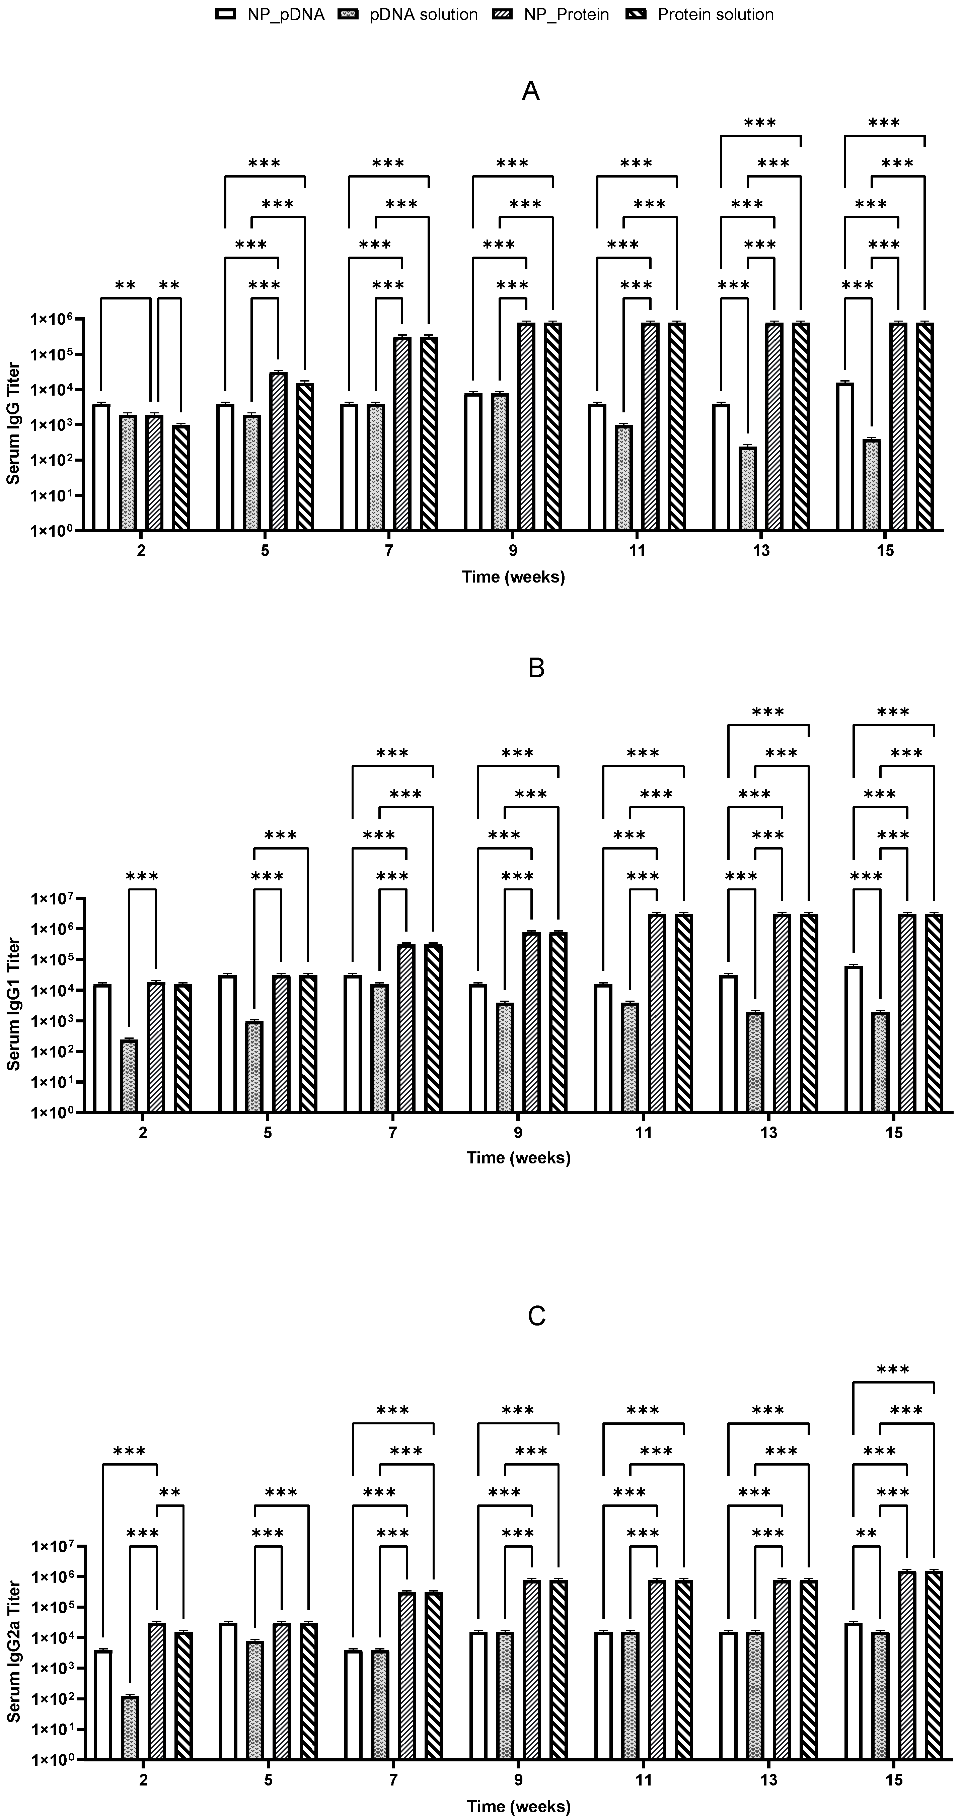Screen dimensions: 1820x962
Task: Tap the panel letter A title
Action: point(530,91)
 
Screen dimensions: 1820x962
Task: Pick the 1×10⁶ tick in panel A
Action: point(57,319)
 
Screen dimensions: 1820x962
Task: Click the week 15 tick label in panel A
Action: point(884,550)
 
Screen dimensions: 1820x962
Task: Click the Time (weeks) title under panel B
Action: point(518,1158)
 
